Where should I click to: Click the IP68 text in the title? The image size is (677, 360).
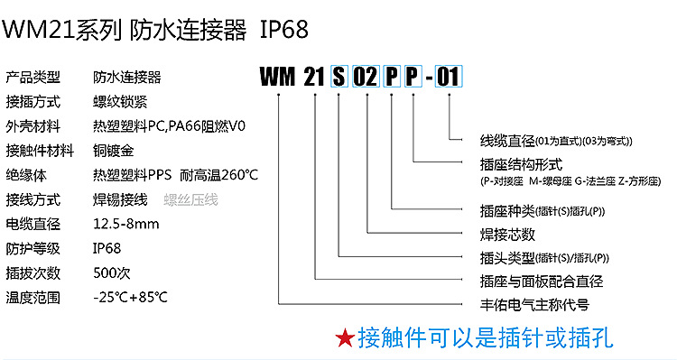coord(284,32)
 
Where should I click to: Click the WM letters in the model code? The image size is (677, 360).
coord(278,78)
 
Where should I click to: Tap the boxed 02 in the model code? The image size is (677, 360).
coord(366,78)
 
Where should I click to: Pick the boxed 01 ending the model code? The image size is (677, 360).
coord(449,78)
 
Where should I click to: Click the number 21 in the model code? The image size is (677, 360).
coord(312,78)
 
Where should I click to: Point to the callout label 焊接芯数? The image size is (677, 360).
coord(508,235)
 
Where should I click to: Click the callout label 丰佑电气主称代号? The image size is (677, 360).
coord(536,305)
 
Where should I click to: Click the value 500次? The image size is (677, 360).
coord(112,272)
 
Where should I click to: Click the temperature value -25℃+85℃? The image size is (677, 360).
coord(131,297)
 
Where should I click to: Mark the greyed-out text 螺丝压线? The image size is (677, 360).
coord(190,199)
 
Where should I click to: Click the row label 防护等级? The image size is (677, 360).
coord(33,248)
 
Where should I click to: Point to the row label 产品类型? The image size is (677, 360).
coord(33,77)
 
